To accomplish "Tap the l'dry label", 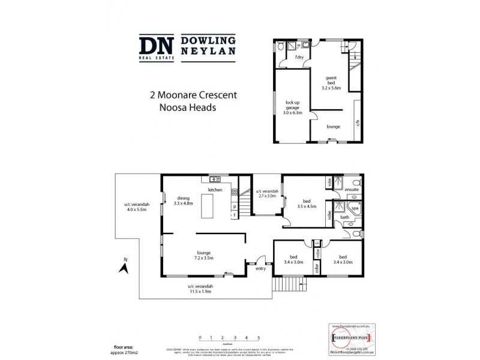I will coord(299,57).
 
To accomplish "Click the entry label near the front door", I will coord(260,269).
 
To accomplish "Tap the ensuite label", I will coord(352,190).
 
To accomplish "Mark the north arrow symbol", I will coord(124,266).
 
